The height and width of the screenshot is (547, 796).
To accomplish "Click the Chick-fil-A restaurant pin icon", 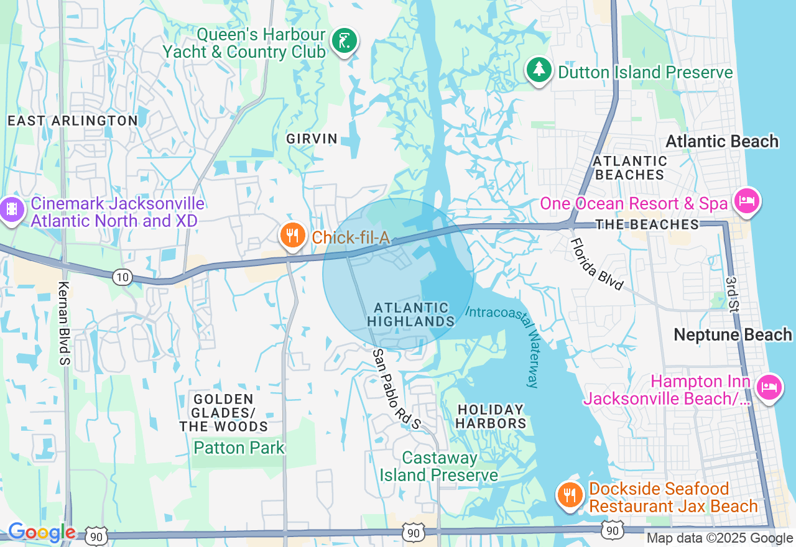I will pyautogui.click(x=291, y=236).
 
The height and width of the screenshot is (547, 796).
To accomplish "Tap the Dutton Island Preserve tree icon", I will pyautogui.click(x=539, y=70).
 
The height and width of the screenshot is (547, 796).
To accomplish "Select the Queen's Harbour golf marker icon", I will pyautogui.click(x=344, y=42).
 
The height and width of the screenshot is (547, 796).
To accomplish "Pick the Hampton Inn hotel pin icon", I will pyautogui.click(x=769, y=388).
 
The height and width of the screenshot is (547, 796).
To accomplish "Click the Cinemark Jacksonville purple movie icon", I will pyautogui.click(x=12, y=210).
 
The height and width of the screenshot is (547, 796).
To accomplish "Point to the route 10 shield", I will pyautogui.click(x=123, y=277).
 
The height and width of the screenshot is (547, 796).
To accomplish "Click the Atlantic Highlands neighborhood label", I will pyautogui.click(x=411, y=315).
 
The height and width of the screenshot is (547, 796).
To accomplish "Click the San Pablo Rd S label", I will pyautogui.click(x=397, y=389).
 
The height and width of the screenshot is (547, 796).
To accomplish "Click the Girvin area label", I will pyautogui.click(x=312, y=139).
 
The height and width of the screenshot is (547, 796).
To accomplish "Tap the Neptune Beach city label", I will pyautogui.click(x=733, y=335).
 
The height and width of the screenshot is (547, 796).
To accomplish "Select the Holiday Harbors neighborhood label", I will pyautogui.click(x=491, y=416).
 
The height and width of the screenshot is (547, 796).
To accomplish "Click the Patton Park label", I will pyautogui.click(x=239, y=448).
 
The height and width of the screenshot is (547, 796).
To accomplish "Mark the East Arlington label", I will pyautogui.click(x=73, y=121).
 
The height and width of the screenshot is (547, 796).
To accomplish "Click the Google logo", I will pyautogui.click(x=42, y=533).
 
